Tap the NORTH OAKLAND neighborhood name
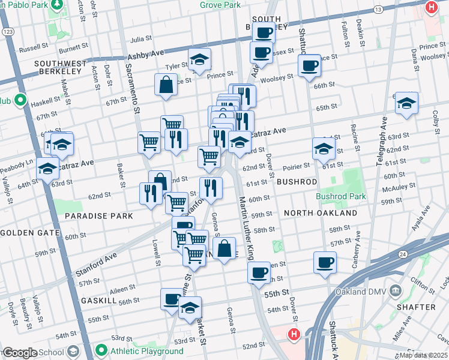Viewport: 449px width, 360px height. pyautogui.click(x=321, y=213)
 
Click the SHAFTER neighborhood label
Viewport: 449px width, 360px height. pyautogui.click(x=416, y=307)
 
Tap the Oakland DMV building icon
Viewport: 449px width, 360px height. pyautogui.click(x=395, y=292)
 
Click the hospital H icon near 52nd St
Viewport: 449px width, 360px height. pyautogui.click(x=294, y=334)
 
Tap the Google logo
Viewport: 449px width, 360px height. pyautogui.click(x=19, y=353)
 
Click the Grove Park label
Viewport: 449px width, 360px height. pyautogui.click(x=220, y=5)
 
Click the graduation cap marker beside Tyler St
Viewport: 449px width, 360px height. pyautogui.click(x=199, y=59)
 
